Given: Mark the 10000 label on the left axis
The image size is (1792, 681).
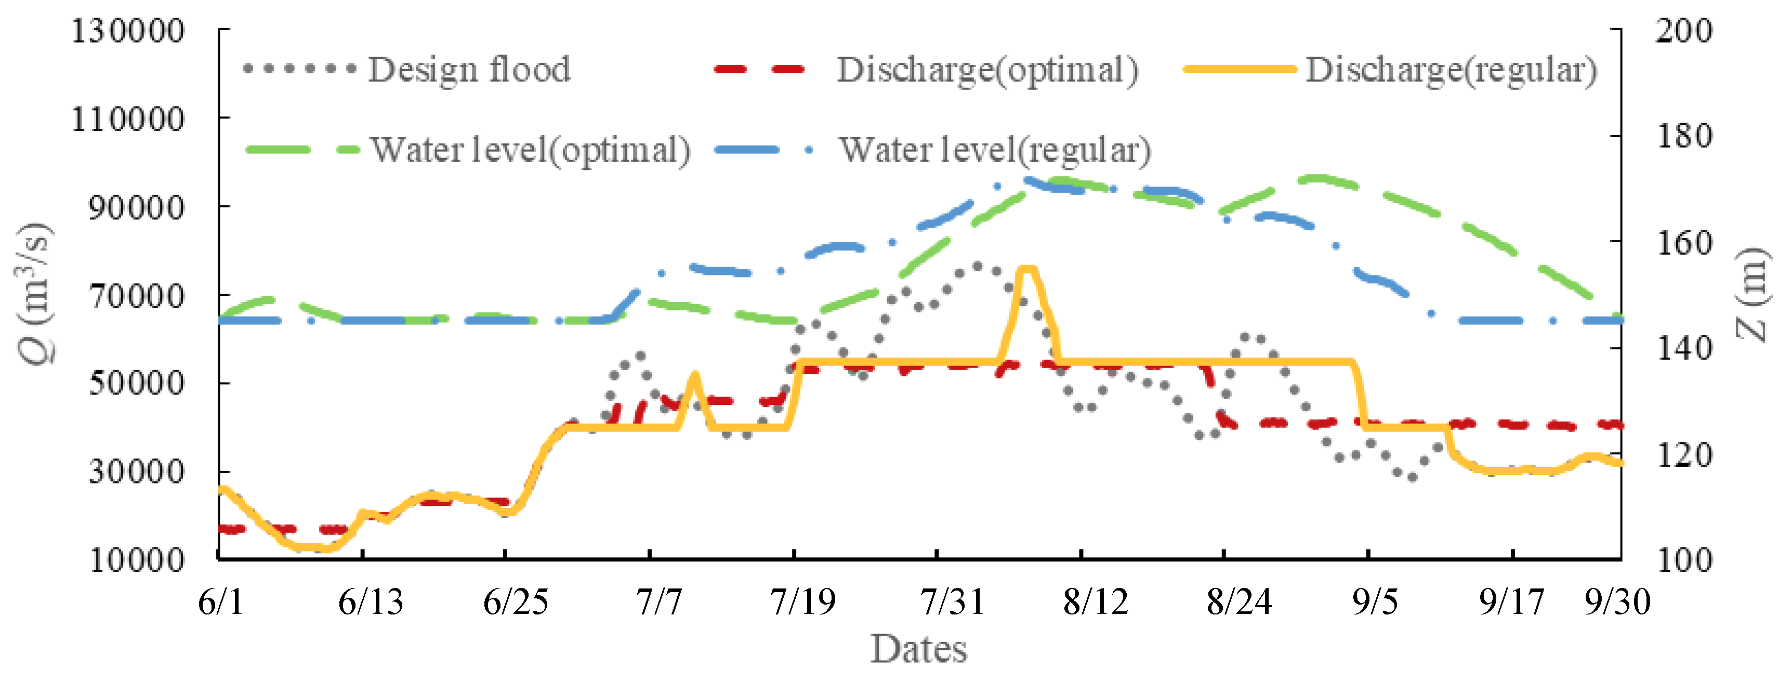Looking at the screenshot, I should point(136,559).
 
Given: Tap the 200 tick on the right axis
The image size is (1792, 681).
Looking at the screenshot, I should point(1683,31).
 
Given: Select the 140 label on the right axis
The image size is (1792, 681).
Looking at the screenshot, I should point(1683,348).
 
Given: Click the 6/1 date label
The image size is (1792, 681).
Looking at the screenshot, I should point(221,601).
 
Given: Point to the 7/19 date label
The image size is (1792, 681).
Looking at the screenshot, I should point(802,601).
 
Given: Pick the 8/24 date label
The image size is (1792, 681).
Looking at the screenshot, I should point(1239,601).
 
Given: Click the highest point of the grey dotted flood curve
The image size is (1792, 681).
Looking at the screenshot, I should point(977,266).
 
